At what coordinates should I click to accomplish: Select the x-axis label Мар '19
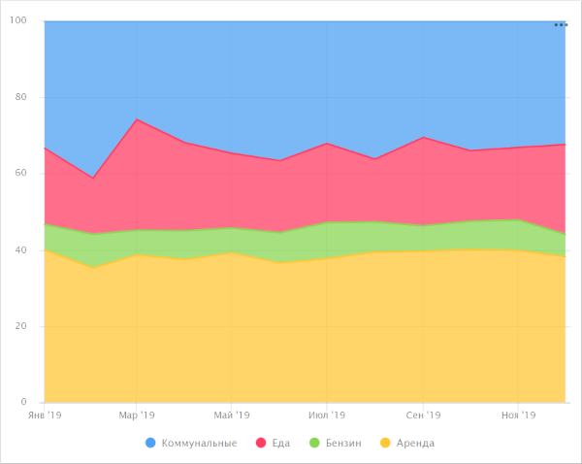click(x=137, y=415)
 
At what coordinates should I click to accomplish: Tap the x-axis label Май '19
click(x=231, y=415)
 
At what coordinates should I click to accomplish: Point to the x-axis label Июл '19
click(x=327, y=415)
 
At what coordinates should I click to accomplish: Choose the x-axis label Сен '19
click(x=423, y=415)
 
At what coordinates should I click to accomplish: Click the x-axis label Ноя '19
click(x=518, y=415)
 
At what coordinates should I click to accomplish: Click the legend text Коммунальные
click(x=199, y=444)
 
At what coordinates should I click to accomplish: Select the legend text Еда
click(x=280, y=444)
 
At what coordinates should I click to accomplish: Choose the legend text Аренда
click(x=417, y=444)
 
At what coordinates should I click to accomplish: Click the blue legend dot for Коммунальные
click(x=150, y=444)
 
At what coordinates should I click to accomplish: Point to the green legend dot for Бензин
click(x=312, y=444)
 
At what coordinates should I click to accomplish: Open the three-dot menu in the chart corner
click(x=561, y=24)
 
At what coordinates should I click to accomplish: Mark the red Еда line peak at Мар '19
click(x=137, y=119)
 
